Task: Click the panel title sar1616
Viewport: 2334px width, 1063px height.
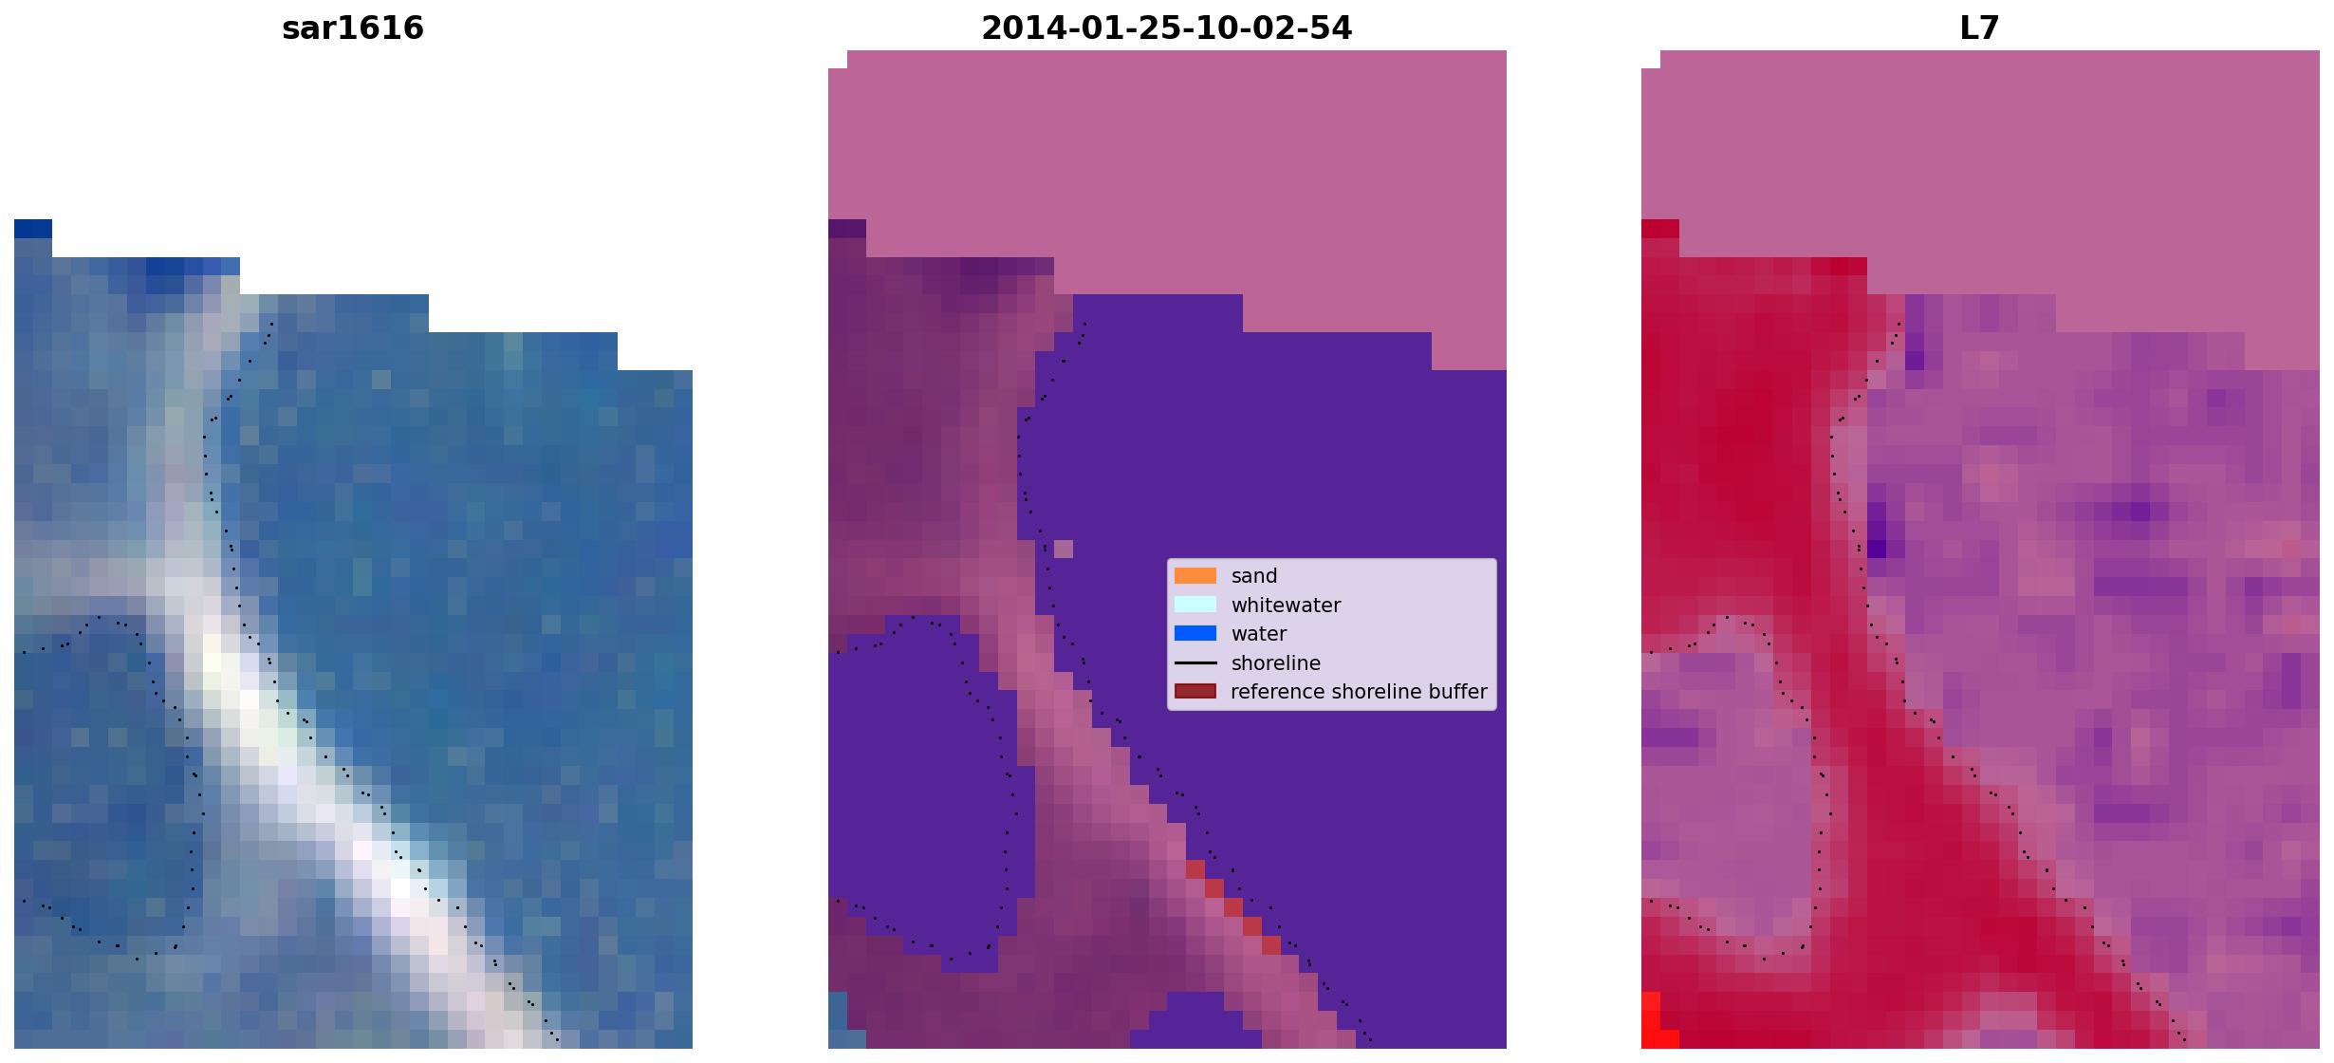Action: pos(353,28)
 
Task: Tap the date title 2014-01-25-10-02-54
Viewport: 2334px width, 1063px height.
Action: pos(1166,28)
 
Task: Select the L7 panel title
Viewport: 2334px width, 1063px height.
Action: pos(1979,28)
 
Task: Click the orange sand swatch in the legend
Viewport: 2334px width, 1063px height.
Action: pos(1195,576)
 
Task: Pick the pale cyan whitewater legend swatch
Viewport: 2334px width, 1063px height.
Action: pos(1195,605)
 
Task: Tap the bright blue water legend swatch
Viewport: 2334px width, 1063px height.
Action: pos(1195,634)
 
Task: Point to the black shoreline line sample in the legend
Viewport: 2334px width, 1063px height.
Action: pos(1195,663)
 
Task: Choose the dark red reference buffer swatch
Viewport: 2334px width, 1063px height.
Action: pos(1195,692)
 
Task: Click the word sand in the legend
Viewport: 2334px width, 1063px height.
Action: pos(1254,576)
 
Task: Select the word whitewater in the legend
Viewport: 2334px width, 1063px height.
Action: pos(1286,606)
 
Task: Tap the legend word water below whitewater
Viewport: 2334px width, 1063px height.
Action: pos(1259,634)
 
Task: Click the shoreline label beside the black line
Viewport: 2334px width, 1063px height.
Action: pos(1275,663)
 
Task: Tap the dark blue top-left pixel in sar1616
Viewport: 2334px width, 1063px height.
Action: pos(33,229)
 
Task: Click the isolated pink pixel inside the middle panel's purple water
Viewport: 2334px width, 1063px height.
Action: pos(1064,549)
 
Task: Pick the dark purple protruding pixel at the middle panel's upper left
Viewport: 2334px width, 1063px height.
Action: pos(847,229)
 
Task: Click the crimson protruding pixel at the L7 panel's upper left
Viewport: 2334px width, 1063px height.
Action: pos(1660,229)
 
